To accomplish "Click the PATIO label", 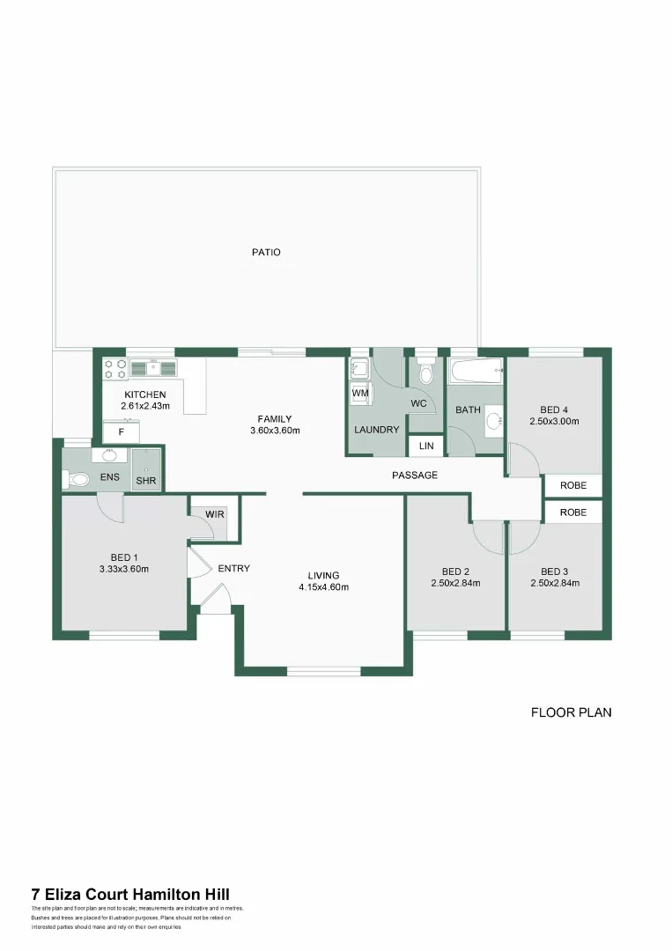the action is [266, 252].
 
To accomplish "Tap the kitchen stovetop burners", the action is [114, 369].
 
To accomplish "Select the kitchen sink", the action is [153, 368].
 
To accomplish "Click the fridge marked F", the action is [122, 432].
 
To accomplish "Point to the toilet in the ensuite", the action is [77, 479].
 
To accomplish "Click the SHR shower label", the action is [145, 481].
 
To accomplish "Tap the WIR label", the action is [215, 514].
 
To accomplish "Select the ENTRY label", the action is [234, 568].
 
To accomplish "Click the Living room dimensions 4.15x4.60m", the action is [324, 587].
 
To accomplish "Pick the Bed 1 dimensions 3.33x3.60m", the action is [123, 569].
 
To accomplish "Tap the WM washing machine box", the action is [360, 393].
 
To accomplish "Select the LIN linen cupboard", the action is [426, 446].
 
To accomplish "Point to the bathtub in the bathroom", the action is [476, 372].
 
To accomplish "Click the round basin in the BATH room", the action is [495, 420].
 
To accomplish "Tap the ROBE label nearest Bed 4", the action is [573, 485].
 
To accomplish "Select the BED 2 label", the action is [455, 571].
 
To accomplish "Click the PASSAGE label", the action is [415, 475].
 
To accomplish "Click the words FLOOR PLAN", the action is [572, 712].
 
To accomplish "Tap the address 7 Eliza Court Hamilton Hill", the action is [130, 894].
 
